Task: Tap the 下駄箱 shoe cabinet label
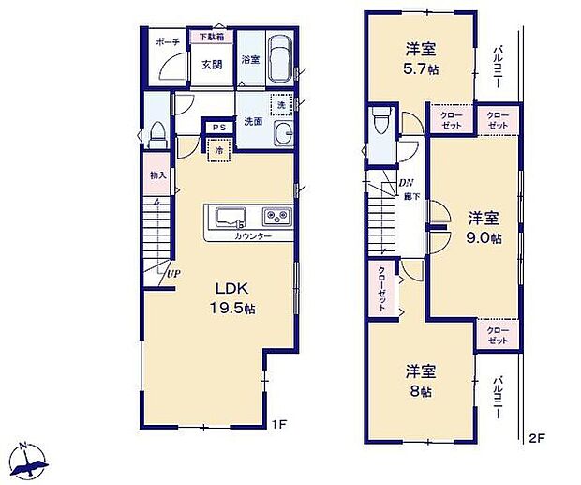(x=210, y=38)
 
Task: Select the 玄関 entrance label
(x=210, y=65)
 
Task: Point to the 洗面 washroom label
(x=253, y=121)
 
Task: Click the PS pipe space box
(x=218, y=129)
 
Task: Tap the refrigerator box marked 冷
(x=218, y=148)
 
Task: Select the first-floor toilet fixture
(x=157, y=131)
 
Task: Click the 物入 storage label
(x=156, y=175)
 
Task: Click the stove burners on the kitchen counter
(x=277, y=218)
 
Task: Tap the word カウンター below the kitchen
(x=252, y=236)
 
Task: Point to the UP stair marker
(x=174, y=273)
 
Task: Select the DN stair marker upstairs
(x=406, y=182)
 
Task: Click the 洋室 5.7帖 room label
(x=420, y=58)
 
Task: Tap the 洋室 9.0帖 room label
(x=484, y=227)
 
